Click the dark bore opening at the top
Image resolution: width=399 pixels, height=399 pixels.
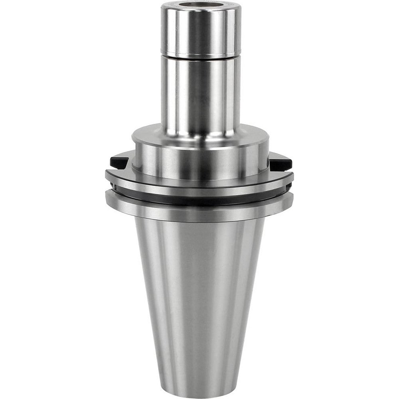201,6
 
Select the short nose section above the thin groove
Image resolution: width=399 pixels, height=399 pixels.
201,32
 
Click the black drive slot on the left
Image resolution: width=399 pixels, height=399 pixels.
119,162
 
